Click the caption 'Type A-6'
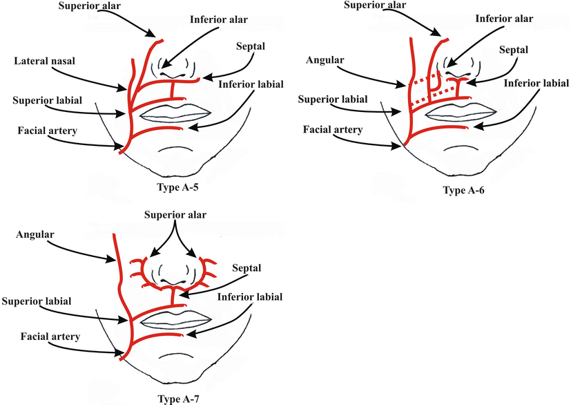(x=463, y=190)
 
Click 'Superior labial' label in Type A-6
(x=329, y=101)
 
